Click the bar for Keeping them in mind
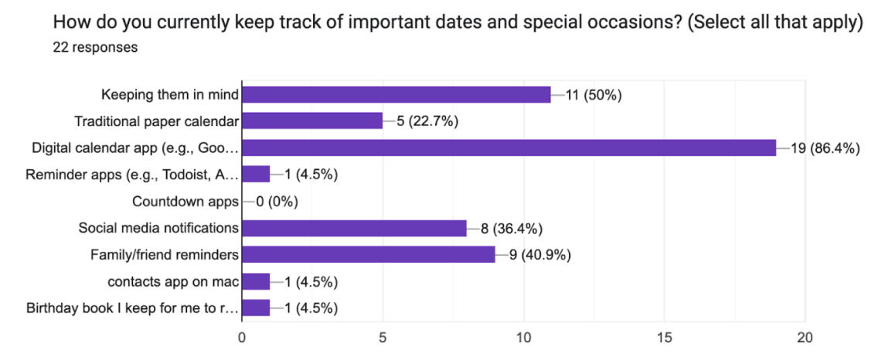click(x=396, y=95)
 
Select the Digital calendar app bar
click(x=509, y=148)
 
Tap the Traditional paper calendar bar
click(x=312, y=121)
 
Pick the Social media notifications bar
click(x=355, y=228)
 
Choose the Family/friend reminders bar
click(x=369, y=254)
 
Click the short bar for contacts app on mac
click(x=256, y=280)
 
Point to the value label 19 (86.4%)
click(x=825, y=148)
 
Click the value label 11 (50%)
click(x=594, y=95)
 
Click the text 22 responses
click(x=95, y=47)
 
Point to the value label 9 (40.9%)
click(x=539, y=254)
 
